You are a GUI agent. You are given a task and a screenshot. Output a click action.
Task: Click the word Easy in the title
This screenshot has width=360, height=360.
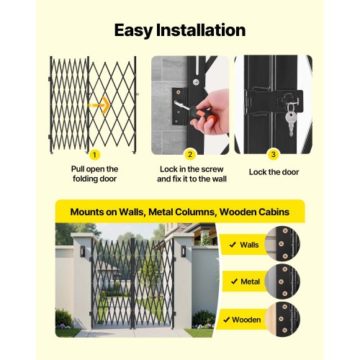point(133,30)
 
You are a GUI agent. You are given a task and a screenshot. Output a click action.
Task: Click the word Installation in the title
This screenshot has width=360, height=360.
point(201,30)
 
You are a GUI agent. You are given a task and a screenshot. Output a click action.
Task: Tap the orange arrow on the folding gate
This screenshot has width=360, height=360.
point(99,105)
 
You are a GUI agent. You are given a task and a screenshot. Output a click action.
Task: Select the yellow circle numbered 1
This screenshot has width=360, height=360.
point(94,155)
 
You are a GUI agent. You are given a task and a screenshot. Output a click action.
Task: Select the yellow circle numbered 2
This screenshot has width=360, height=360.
point(190,154)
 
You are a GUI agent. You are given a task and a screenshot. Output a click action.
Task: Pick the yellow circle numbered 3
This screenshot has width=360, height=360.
point(273,154)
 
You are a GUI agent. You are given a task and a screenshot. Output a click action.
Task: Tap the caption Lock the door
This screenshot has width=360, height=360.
point(274,172)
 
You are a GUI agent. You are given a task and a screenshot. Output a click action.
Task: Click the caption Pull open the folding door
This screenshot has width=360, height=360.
point(94,174)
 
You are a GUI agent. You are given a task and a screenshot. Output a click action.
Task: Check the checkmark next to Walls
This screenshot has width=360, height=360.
point(233,245)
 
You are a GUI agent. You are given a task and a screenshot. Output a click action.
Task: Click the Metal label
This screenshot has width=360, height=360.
point(250,282)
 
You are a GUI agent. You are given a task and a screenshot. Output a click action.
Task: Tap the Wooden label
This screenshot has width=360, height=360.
point(246,320)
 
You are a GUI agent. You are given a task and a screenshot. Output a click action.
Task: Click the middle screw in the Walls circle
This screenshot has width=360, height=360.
point(282,243)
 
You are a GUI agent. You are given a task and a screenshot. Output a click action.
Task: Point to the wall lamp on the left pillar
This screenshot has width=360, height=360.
point(82,251)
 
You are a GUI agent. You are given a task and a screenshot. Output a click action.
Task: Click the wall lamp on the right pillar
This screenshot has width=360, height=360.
point(184,251)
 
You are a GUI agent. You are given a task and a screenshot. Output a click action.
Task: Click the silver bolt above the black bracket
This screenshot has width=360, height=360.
point(197,82)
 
